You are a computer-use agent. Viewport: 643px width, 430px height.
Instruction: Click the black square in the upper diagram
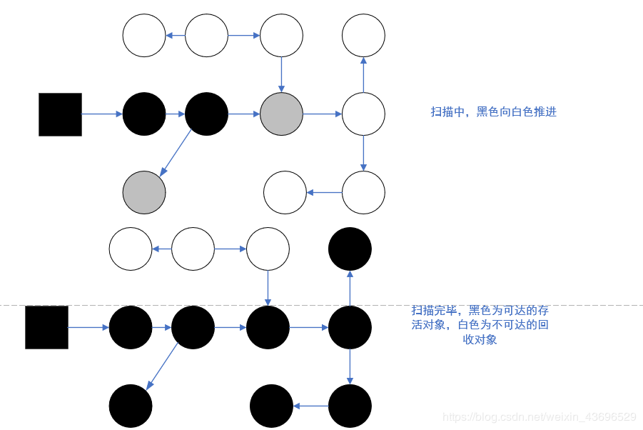tap(60, 114)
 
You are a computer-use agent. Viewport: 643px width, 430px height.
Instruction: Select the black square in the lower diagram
tap(46, 327)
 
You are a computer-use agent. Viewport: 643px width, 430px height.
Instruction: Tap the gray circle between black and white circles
tap(282, 114)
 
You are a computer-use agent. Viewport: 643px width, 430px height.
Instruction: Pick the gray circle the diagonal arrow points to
tap(144, 192)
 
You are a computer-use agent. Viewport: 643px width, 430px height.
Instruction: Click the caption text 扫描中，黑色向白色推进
tap(493, 111)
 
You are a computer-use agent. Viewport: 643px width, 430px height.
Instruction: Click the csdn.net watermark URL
tap(539, 416)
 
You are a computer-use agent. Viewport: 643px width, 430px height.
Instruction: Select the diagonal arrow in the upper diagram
tap(176, 152)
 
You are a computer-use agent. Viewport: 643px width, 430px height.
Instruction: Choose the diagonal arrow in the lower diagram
tap(162, 365)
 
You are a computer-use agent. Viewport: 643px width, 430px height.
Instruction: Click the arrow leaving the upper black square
tap(102, 114)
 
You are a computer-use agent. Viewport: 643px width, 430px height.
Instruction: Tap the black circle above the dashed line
tap(350, 249)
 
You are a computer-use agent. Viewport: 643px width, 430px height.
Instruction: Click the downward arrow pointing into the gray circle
tap(281, 74)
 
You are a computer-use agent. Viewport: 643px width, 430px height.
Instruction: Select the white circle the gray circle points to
tap(363, 114)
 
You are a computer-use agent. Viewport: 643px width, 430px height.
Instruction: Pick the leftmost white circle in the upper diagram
tap(144, 35)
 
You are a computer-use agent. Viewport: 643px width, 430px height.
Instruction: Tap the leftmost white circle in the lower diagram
tap(131, 249)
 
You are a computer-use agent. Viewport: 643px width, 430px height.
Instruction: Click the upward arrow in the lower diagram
tap(350, 288)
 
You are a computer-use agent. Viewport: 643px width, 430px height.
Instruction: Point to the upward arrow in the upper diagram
tap(363, 74)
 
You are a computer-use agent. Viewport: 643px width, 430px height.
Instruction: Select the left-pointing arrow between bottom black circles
tap(310, 406)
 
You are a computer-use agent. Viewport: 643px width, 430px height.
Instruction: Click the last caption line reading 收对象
tap(480, 340)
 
